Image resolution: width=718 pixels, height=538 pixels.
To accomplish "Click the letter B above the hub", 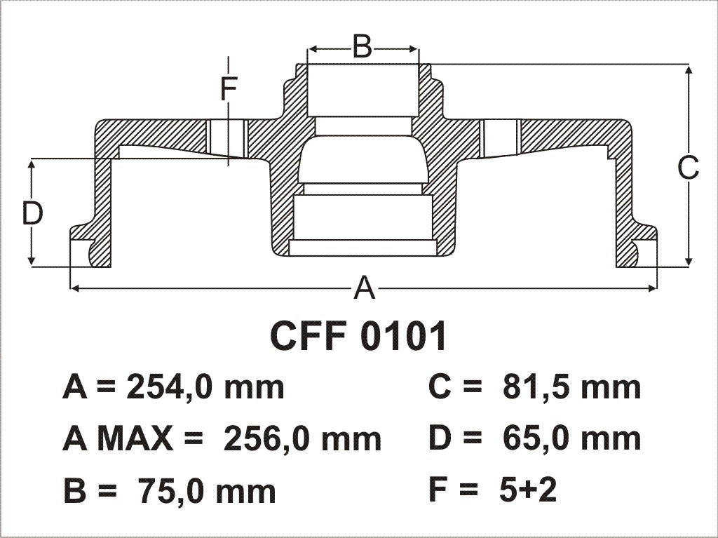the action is (363, 47).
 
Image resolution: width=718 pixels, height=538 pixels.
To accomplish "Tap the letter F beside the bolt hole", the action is (228, 89).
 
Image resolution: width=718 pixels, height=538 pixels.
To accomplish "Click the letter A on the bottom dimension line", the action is (365, 288).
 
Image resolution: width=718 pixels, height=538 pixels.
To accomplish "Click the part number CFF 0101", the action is (358, 336).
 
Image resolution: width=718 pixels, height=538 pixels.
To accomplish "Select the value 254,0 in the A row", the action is (167, 388).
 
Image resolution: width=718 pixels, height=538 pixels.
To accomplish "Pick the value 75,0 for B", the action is (165, 491).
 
